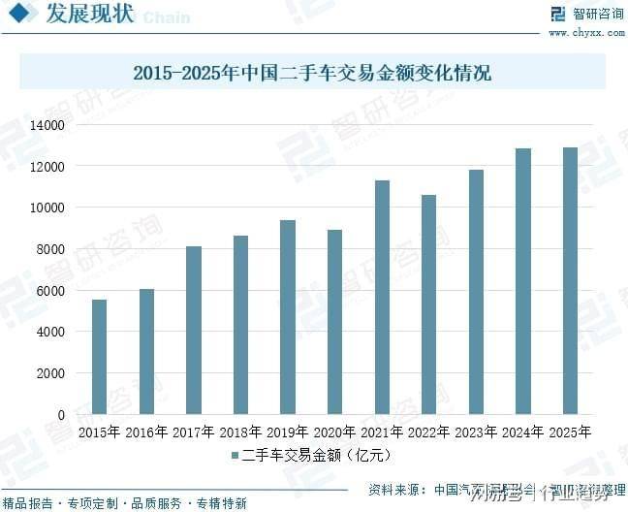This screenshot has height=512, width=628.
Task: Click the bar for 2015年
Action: tap(99, 357)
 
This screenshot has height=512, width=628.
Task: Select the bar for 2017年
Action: tap(194, 331)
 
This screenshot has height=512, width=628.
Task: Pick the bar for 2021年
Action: tap(382, 298)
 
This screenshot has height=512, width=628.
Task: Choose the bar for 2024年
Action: tap(523, 281)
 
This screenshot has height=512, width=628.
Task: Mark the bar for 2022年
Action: tap(428, 304)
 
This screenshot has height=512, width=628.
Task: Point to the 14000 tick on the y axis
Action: tap(47, 125)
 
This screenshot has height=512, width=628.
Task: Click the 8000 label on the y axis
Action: tap(49, 249)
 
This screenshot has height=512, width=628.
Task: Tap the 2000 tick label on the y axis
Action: tap(49, 373)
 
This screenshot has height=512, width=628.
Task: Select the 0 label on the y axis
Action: tap(60, 415)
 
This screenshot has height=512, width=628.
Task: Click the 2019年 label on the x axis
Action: tap(288, 432)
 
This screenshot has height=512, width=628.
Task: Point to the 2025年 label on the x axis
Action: tap(570, 432)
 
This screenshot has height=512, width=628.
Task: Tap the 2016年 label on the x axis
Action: tap(146, 432)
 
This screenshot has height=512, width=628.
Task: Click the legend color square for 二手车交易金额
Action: tap(235, 455)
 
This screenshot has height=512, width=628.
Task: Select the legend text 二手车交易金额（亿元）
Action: tap(319, 455)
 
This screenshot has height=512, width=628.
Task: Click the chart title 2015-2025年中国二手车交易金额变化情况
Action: tap(312, 73)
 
